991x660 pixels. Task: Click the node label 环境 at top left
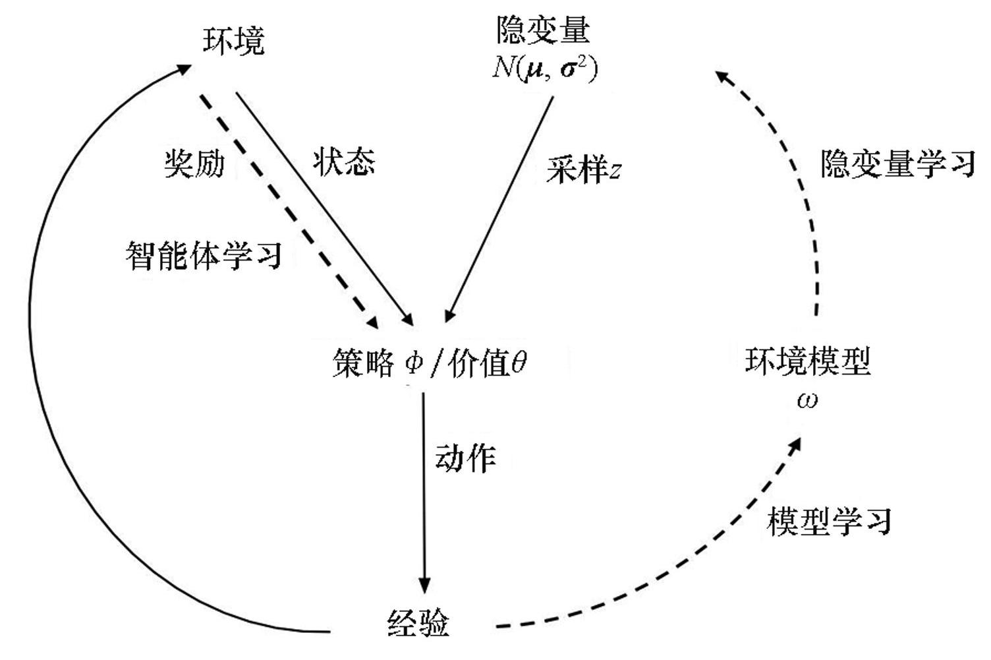pyautogui.click(x=233, y=41)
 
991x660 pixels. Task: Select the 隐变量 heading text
pyautogui.click(x=543, y=30)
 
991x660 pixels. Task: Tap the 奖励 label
pyautogui.click(x=194, y=162)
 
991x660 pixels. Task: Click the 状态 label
pyautogui.click(x=344, y=161)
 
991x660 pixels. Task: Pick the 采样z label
pyautogui.click(x=583, y=170)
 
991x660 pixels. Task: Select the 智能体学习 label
pyautogui.click(x=204, y=255)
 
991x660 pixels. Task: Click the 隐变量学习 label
pyautogui.click(x=897, y=163)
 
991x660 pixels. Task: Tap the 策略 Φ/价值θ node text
pyautogui.click(x=429, y=363)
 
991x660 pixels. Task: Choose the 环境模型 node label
pyautogui.click(x=808, y=361)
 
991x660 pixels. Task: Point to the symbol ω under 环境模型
pyautogui.click(x=807, y=400)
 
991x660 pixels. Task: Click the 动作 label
pyautogui.click(x=465, y=458)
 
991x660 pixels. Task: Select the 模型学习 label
pyautogui.click(x=830, y=521)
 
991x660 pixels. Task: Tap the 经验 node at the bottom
pyautogui.click(x=418, y=622)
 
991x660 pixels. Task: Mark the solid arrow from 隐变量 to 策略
pyautogui.click(x=501, y=204)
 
